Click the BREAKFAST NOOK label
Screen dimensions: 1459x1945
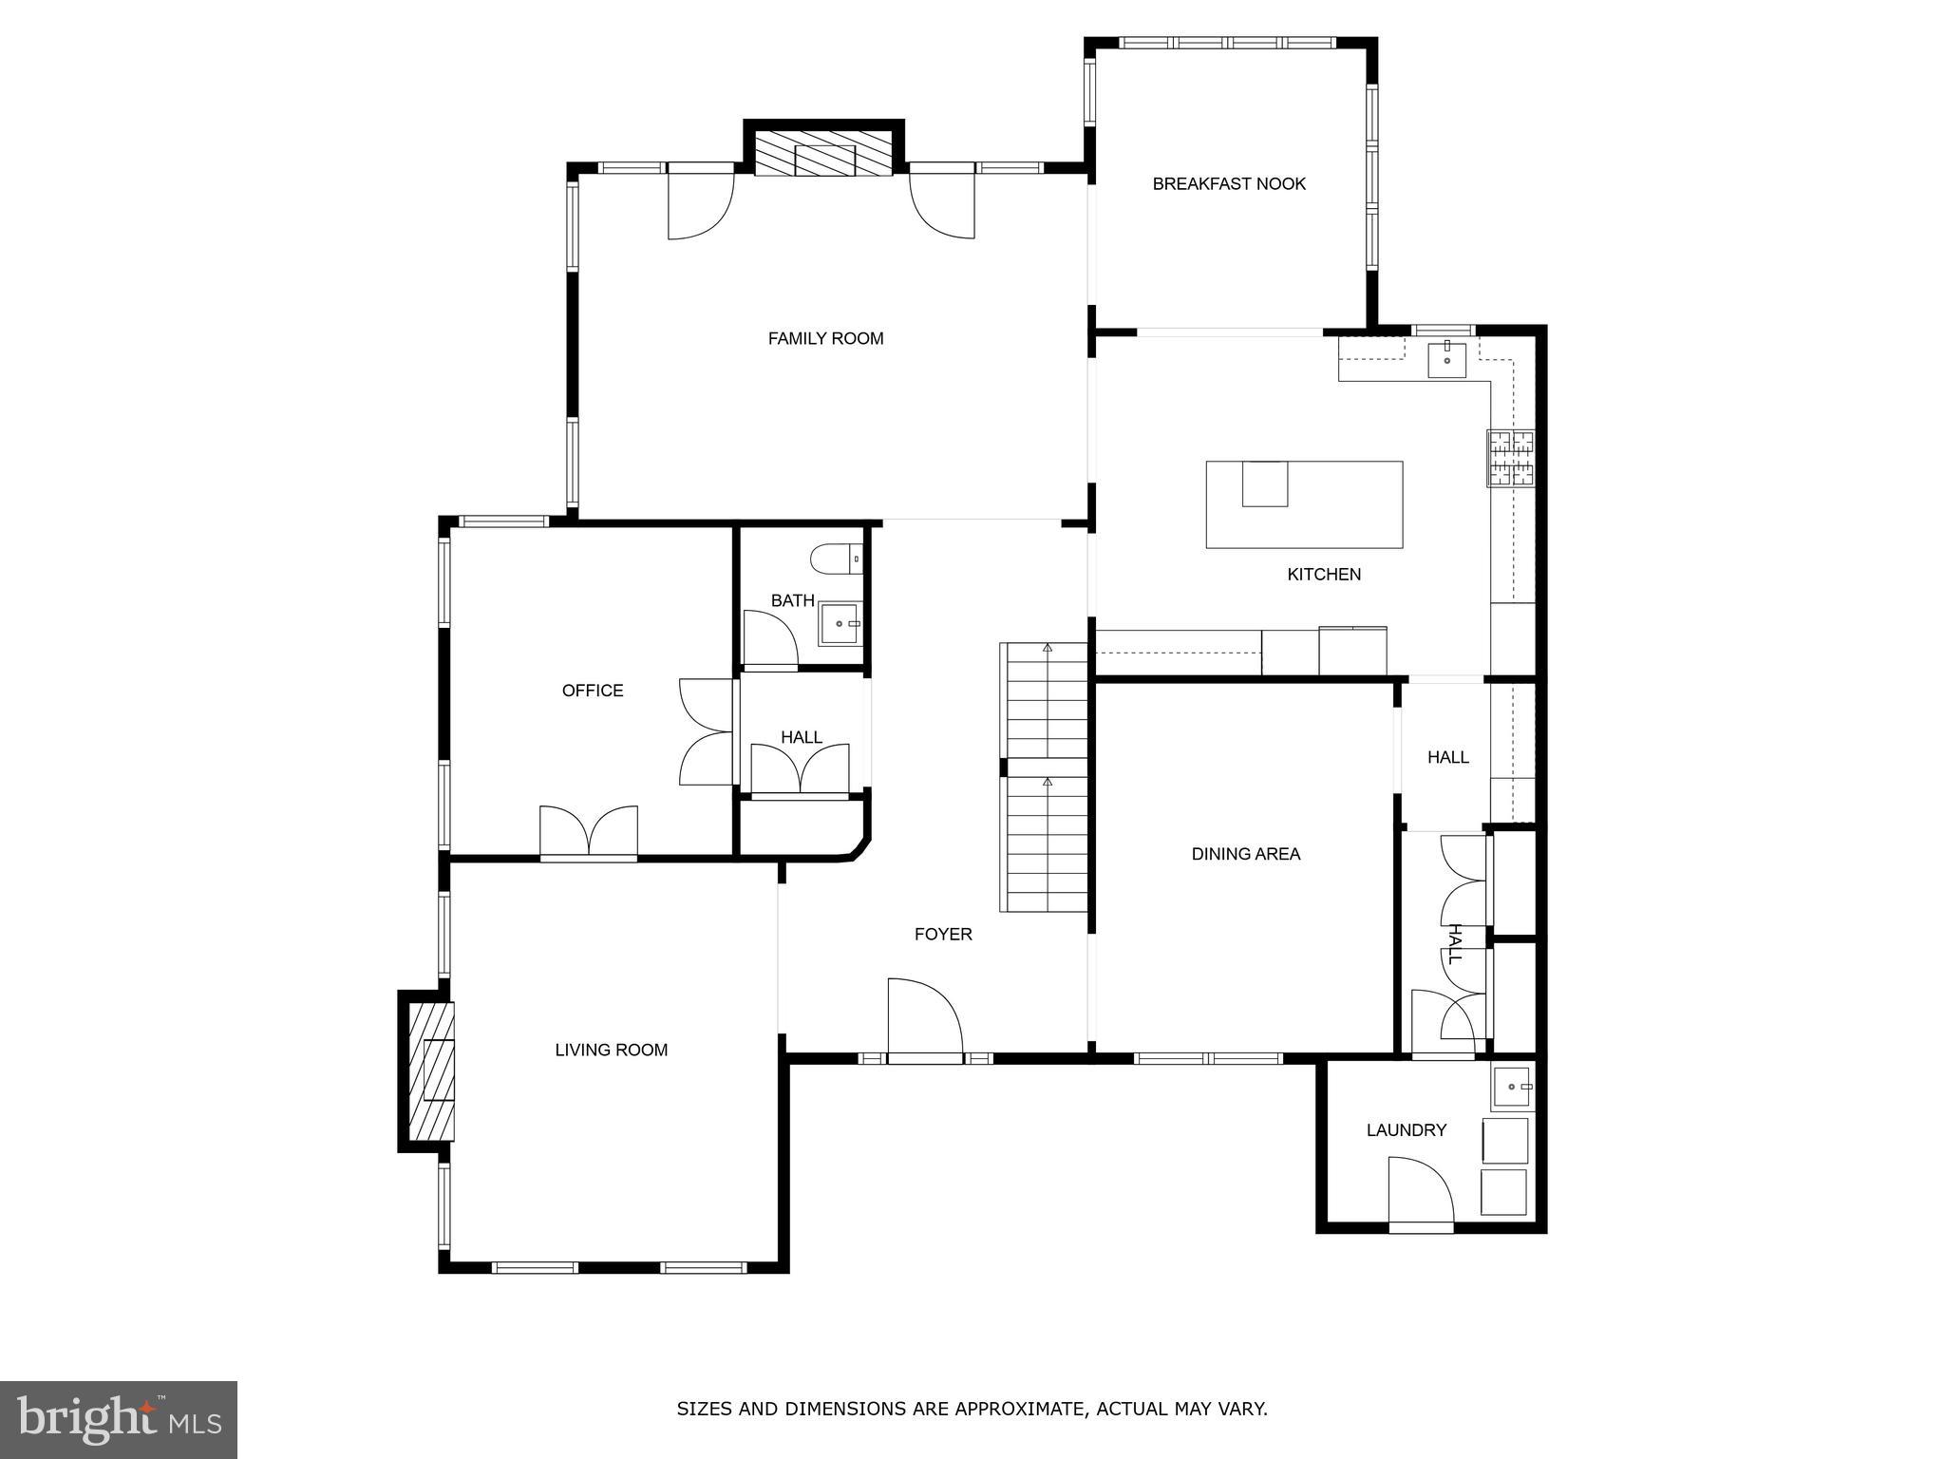pos(1229,184)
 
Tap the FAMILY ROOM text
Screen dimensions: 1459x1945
pos(825,338)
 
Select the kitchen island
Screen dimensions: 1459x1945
pos(1304,504)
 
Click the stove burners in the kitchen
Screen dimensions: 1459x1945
pos(1510,458)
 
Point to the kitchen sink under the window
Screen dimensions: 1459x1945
pos(1446,360)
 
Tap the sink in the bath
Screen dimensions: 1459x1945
pos(840,624)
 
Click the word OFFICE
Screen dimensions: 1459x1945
pos(593,691)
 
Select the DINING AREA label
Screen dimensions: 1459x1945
pos(1245,854)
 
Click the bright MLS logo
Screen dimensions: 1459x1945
pos(119,1420)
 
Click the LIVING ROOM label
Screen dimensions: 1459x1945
pos(611,1050)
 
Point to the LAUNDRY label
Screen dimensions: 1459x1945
pos(1406,1130)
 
